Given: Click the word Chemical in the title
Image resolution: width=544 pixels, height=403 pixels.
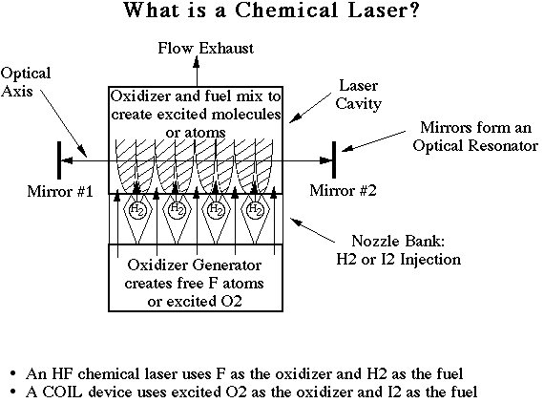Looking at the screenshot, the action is click(x=286, y=10).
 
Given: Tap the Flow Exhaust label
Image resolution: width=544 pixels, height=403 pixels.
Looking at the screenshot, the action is click(x=206, y=48).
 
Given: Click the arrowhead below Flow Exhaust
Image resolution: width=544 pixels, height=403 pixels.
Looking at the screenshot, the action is click(x=197, y=62).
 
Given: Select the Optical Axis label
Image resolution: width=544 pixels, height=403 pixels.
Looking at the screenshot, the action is click(x=26, y=82).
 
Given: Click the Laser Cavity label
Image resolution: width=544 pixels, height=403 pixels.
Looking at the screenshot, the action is click(x=359, y=95).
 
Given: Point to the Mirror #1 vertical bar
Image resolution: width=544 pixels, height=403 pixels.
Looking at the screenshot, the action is click(x=59, y=160).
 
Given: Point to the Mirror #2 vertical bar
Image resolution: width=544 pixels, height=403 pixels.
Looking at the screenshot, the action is click(x=334, y=159).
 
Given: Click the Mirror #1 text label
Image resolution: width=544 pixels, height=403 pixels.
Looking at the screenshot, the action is click(x=60, y=191).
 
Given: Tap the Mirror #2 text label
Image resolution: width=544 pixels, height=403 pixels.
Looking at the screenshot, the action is click(x=343, y=190).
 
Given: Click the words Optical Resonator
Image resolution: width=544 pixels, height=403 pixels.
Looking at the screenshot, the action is click(x=475, y=145).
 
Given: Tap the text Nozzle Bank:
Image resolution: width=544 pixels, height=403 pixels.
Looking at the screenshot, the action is click(x=398, y=241).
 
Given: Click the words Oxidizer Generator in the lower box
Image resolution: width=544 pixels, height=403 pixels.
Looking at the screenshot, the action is click(x=195, y=265).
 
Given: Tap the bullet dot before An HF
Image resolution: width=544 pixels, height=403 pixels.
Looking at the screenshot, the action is click(x=13, y=374).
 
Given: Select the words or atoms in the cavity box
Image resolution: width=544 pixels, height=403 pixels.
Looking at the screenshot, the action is click(x=196, y=133).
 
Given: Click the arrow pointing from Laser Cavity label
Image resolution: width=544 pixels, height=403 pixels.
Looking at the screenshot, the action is click(x=310, y=108).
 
